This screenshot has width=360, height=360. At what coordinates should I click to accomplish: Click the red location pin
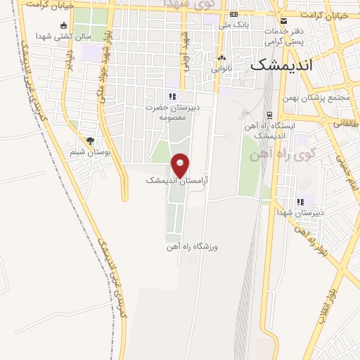(181, 165)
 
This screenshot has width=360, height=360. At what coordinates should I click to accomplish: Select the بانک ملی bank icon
(234, 14)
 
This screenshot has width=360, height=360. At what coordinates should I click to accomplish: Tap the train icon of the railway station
(269, 115)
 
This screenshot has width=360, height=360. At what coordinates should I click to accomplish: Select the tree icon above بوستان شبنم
(89, 140)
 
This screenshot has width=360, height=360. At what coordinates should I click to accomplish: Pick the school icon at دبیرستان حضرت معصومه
(172, 96)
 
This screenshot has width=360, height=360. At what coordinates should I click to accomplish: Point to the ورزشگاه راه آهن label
(193, 247)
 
